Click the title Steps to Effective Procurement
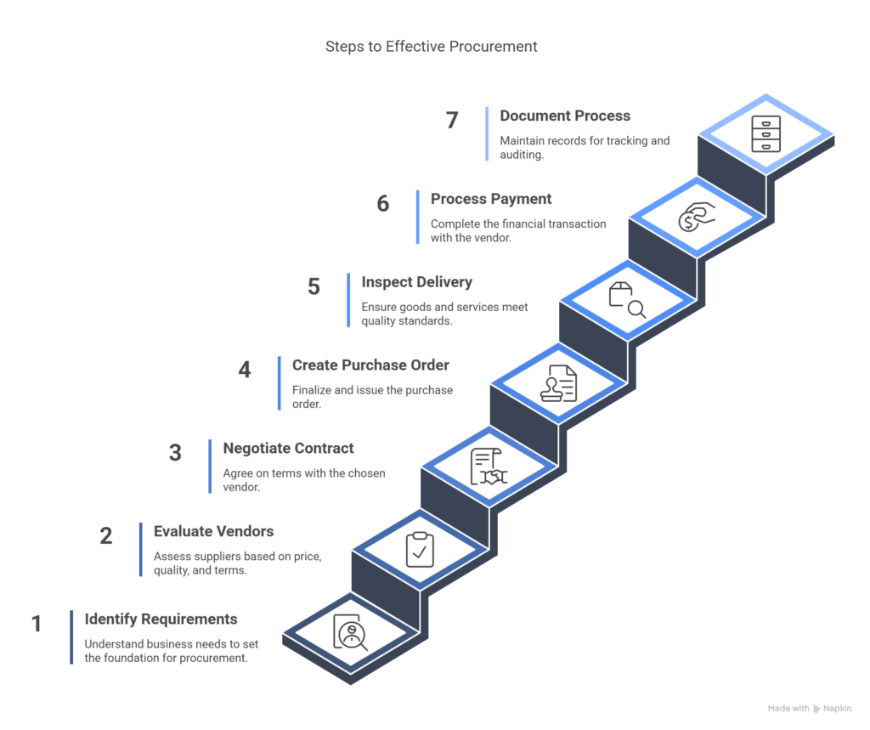(431, 47)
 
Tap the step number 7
(452, 121)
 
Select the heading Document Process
(564, 116)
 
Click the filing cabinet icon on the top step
(765, 134)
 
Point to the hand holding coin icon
(697, 218)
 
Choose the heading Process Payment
(490, 199)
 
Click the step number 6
(383, 204)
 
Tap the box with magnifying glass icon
(627, 300)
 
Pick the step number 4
(245, 371)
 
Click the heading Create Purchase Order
(370, 365)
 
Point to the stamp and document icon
(558, 383)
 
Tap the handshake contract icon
(489, 467)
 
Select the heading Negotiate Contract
(288, 448)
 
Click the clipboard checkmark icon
(420, 549)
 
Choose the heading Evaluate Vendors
(213, 531)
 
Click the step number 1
(37, 624)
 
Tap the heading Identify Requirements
(161, 619)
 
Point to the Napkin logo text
(838, 708)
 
